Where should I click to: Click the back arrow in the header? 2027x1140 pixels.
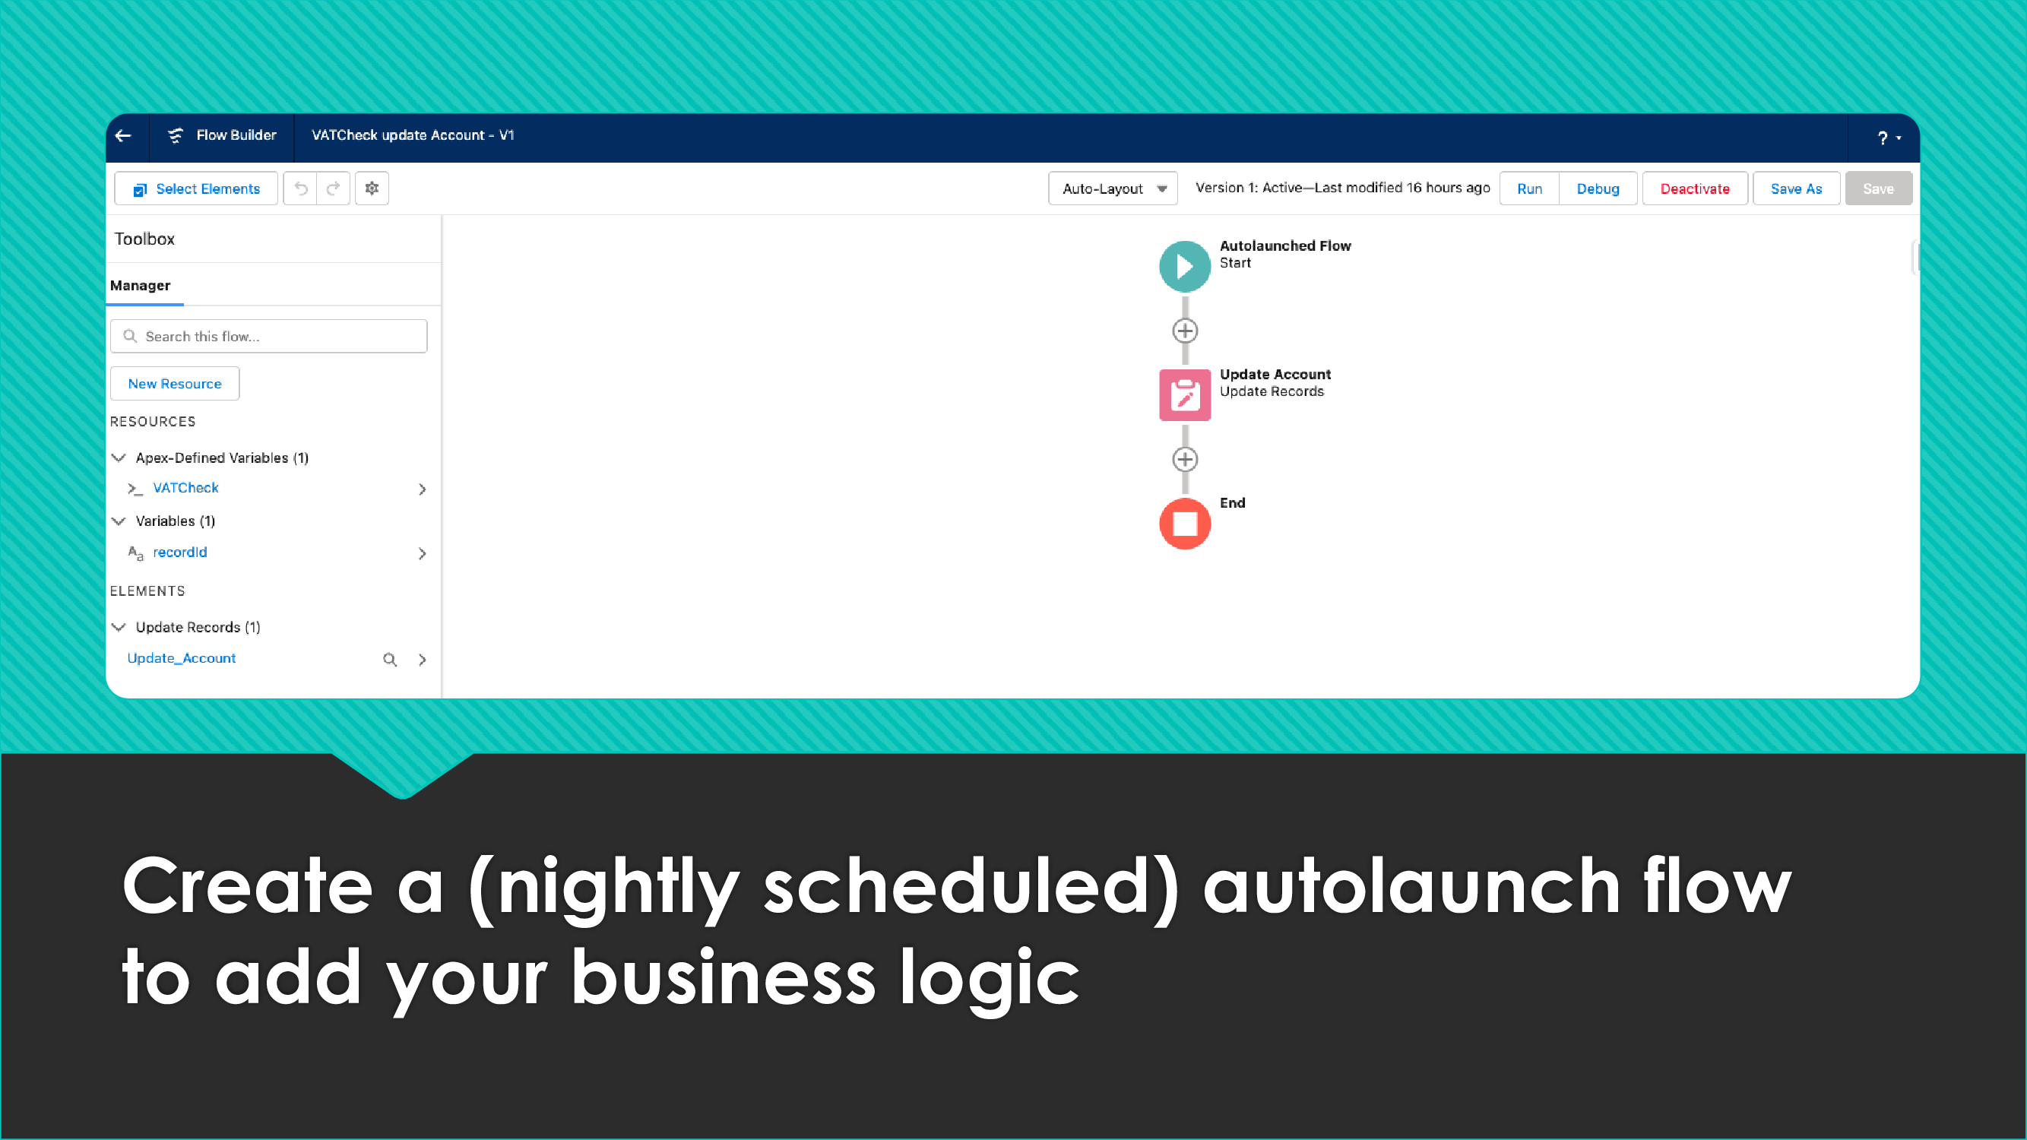pos(123,135)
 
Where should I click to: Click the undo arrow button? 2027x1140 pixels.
pos(300,188)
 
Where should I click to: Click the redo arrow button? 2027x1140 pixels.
pos(334,188)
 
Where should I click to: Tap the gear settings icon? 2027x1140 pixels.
pos(372,188)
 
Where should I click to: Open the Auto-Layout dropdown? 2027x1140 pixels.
pos(1113,188)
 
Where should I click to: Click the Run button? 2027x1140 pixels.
pos(1529,188)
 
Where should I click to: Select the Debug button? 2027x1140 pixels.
pos(1598,188)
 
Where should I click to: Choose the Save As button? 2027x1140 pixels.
pos(1796,188)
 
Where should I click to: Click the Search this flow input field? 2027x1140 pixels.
pos(269,336)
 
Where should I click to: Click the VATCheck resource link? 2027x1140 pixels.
pos(185,488)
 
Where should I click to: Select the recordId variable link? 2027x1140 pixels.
pos(180,553)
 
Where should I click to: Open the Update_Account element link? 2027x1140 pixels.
pos(181,658)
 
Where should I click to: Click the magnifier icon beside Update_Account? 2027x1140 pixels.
pos(389,659)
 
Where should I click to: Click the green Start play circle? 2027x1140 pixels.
pos(1185,267)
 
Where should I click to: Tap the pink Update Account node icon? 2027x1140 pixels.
pos(1185,395)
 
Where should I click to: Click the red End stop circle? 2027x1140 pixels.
pos(1185,524)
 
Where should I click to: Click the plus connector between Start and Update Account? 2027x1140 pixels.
pos(1185,331)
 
